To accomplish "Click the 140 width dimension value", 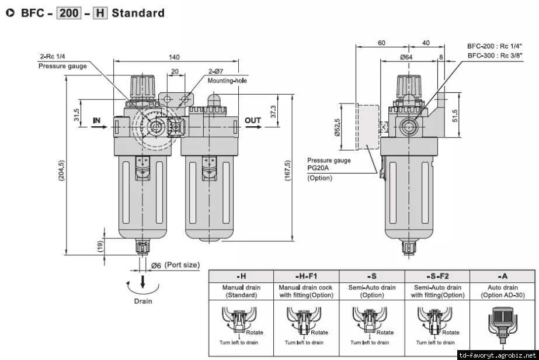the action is (x=174, y=57).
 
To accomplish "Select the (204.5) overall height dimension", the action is (x=61, y=171).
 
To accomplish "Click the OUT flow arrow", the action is (x=253, y=127).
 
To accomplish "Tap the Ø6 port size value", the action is (x=156, y=265).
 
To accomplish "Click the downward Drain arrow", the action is (x=142, y=282).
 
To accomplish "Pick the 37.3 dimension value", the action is (x=273, y=112).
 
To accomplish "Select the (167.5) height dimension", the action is (x=288, y=171).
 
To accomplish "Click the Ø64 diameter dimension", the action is (x=406, y=57).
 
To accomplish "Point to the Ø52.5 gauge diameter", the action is (x=337, y=127).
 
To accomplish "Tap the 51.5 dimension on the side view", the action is (x=455, y=116).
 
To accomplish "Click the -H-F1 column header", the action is (x=306, y=276).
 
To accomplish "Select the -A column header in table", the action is (x=502, y=276).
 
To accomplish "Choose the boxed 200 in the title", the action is (x=69, y=13).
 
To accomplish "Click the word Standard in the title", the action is (x=138, y=13).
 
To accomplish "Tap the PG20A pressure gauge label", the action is (x=318, y=168).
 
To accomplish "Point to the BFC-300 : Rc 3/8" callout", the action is (x=495, y=56).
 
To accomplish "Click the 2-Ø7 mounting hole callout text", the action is (x=216, y=71).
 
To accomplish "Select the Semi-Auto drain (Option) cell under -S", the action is (x=372, y=291).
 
